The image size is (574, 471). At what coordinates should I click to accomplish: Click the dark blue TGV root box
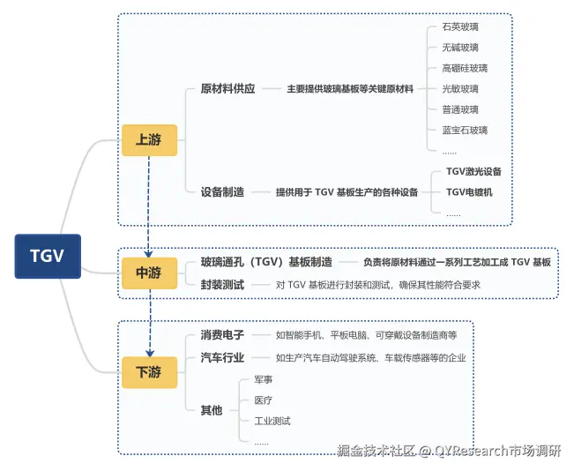click(x=48, y=256)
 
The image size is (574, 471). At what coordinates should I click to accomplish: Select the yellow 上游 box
click(x=149, y=139)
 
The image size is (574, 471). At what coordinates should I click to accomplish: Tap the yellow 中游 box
click(x=149, y=273)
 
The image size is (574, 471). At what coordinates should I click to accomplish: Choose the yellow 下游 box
click(x=149, y=372)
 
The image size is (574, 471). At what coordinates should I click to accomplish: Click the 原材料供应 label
click(x=227, y=89)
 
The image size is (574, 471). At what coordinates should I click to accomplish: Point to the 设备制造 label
click(x=222, y=191)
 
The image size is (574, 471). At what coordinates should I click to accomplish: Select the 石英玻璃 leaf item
click(x=460, y=26)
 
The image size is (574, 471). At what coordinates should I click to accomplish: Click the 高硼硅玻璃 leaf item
click(x=465, y=68)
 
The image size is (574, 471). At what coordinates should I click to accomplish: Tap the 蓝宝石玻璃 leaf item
click(x=465, y=130)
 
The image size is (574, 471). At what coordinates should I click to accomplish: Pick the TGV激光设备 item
click(x=473, y=171)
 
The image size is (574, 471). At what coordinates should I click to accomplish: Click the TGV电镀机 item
click(x=469, y=191)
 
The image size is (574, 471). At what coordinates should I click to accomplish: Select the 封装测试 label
click(x=222, y=284)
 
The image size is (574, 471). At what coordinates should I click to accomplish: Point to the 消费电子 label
click(x=222, y=335)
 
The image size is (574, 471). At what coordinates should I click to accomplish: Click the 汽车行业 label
click(x=222, y=357)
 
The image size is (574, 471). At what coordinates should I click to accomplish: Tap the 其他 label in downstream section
click(x=212, y=409)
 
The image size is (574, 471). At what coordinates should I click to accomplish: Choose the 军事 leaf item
click(x=264, y=378)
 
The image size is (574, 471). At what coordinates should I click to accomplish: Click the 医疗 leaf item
click(x=264, y=400)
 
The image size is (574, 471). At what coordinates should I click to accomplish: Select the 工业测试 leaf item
click(x=272, y=421)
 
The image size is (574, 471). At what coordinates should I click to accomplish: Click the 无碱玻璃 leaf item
click(x=460, y=48)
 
